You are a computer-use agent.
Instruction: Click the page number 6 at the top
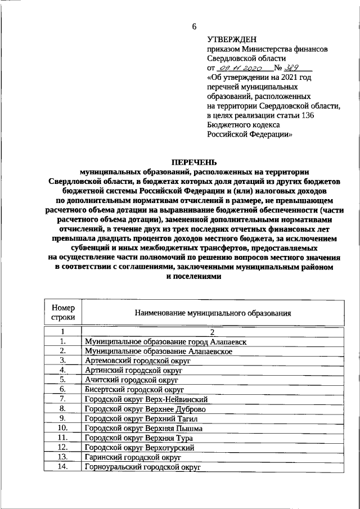pos(195,26)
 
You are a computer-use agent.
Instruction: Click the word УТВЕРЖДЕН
pos(231,39)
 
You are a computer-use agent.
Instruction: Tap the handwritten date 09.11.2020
pos(240,67)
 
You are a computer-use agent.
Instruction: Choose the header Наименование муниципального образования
pos(212,313)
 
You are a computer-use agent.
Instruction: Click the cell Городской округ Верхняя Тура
pos(138,438)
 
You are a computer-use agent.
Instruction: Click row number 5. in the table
pos(64,380)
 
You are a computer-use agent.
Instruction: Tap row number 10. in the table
pos(64,428)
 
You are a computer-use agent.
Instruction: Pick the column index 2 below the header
pos(213,332)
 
